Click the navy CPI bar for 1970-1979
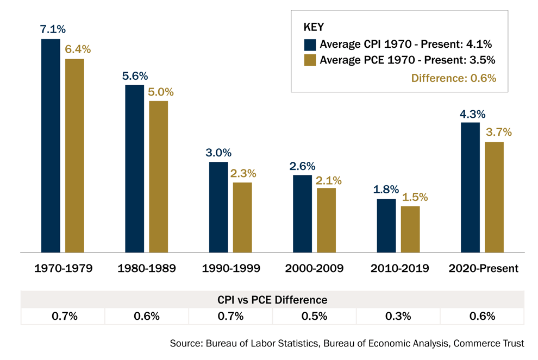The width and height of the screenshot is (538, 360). [51, 146]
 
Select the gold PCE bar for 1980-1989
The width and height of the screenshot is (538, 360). [159, 176]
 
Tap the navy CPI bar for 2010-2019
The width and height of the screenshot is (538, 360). [386, 225]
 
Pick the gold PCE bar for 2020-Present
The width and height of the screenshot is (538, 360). [494, 197]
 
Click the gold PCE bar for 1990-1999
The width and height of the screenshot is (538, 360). [242, 217]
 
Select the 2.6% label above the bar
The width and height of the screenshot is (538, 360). [302, 166]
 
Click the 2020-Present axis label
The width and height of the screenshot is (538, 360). [483, 268]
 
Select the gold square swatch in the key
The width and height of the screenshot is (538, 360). [310, 60]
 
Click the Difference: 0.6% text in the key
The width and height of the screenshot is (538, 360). [454, 78]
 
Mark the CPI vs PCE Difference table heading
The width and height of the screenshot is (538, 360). [272, 300]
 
